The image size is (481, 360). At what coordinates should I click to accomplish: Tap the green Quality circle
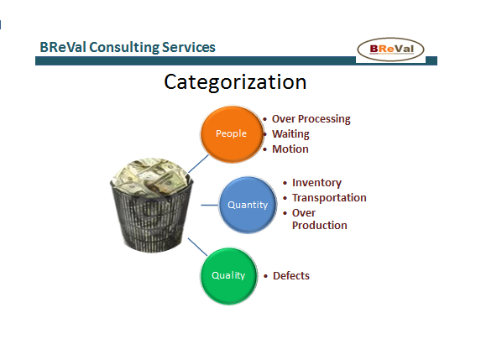pyautogui.click(x=227, y=274)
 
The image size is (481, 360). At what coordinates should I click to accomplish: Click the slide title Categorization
pyautogui.click(x=235, y=82)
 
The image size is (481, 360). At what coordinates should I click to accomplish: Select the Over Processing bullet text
pyautogui.click(x=311, y=119)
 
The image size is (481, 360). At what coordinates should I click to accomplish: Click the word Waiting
pyautogui.click(x=290, y=134)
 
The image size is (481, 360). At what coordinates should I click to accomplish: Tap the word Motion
pyautogui.click(x=290, y=149)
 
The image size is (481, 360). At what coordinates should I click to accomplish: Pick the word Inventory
pyautogui.click(x=316, y=183)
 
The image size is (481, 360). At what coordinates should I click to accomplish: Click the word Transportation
pyautogui.click(x=329, y=198)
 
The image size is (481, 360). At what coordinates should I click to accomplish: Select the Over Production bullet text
pyautogui.click(x=319, y=219)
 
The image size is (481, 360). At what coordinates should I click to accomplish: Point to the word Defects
pyautogui.click(x=291, y=276)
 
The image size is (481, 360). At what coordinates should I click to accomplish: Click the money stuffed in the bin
pyautogui.click(x=152, y=179)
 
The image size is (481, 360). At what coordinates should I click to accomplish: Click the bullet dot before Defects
pyautogui.click(x=265, y=276)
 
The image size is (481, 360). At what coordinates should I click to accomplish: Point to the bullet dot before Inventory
pyautogui.click(x=285, y=183)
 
